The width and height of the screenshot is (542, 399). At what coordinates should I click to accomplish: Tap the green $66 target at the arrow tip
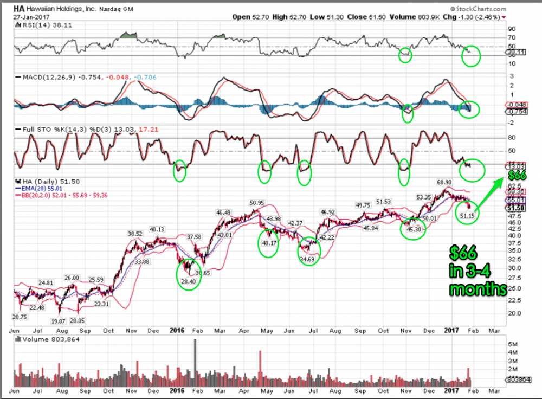[x=518, y=175]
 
